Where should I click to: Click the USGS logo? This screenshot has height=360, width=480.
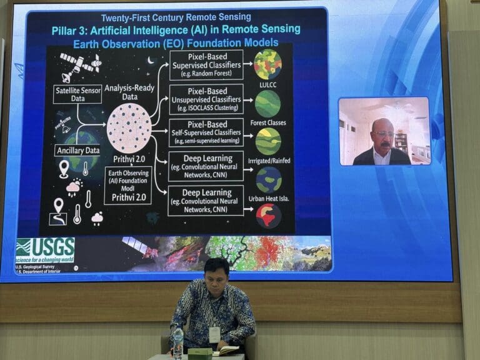45,248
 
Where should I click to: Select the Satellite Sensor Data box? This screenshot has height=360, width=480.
77,94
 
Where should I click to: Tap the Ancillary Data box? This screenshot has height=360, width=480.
77,150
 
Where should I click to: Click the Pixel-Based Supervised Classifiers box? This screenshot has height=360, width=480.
206,65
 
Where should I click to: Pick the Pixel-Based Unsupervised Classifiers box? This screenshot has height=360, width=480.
206,99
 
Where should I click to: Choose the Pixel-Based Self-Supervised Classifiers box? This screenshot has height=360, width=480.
206,132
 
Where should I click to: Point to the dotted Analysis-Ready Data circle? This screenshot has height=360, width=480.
129,128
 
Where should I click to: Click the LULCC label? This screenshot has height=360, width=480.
267,84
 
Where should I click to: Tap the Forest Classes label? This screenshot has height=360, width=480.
267,122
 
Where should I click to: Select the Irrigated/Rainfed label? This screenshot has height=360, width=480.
268,161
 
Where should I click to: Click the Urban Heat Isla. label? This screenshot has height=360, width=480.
268,198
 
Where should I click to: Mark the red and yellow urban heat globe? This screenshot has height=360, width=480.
269,216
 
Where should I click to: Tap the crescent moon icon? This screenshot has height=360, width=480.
150,61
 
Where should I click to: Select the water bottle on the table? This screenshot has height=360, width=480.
178,342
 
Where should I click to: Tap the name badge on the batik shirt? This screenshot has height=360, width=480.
214,334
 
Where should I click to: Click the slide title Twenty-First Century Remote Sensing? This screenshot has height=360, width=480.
176,17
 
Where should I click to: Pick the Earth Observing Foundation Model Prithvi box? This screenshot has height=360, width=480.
128,185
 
